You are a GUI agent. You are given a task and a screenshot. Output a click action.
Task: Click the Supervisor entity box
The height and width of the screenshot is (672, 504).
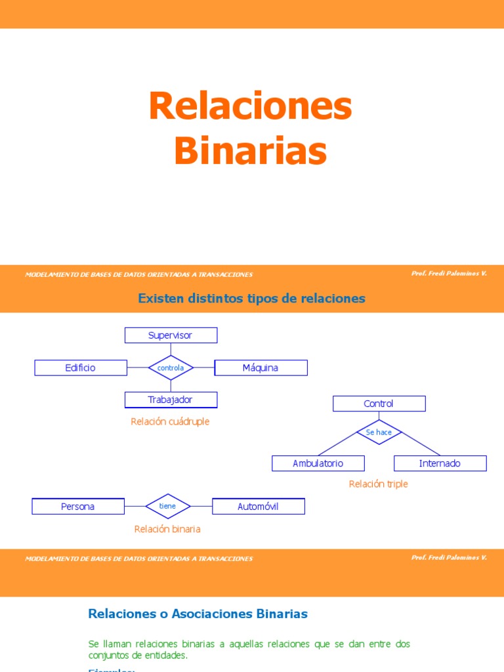click(x=171, y=335)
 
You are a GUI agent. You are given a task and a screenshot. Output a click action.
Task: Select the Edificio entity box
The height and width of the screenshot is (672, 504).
click(x=81, y=367)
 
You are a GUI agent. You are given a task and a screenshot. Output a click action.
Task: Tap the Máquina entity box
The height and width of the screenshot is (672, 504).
click(x=261, y=367)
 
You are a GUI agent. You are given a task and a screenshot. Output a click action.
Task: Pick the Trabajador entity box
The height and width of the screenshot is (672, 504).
click(x=171, y=400)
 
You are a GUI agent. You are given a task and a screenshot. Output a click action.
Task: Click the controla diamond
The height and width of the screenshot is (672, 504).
click(x=171, y=368)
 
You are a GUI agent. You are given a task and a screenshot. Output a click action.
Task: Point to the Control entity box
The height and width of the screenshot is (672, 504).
click(x=379, y=404)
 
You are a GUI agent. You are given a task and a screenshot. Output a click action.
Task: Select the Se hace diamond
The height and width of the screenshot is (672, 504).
click(x=379, y=432)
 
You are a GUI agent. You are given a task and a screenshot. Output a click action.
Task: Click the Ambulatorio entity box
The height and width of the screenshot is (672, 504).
click(x=318, y=463)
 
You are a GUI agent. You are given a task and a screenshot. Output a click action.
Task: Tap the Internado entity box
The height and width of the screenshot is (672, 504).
click(x=440, y=463)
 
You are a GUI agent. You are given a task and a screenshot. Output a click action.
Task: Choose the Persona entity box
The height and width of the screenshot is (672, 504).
click(x=78, y=507)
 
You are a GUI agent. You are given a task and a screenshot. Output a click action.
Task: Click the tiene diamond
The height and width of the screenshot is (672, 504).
click(x=168, y=507)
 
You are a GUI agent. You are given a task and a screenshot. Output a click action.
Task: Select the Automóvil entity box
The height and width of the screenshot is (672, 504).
click(x=258, y=507)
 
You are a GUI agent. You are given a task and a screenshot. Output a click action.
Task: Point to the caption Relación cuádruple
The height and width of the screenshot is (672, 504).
click(x=170, y=421)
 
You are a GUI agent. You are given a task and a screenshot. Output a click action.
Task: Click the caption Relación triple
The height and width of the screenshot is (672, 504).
click(x=378, y=484)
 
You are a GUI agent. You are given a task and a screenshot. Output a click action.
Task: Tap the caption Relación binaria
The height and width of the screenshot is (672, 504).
click(x=167, y=528)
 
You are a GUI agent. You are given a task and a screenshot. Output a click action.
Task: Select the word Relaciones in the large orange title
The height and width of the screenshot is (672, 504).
click(x=250, y=106)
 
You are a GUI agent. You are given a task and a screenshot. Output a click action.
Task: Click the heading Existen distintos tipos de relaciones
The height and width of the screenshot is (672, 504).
click(x=251, y=299)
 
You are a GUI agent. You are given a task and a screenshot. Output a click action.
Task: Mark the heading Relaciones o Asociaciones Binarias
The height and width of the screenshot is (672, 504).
click(x=198, y=614)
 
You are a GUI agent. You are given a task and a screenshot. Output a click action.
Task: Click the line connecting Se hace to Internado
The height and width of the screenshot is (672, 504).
click(x=421, y=444)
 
